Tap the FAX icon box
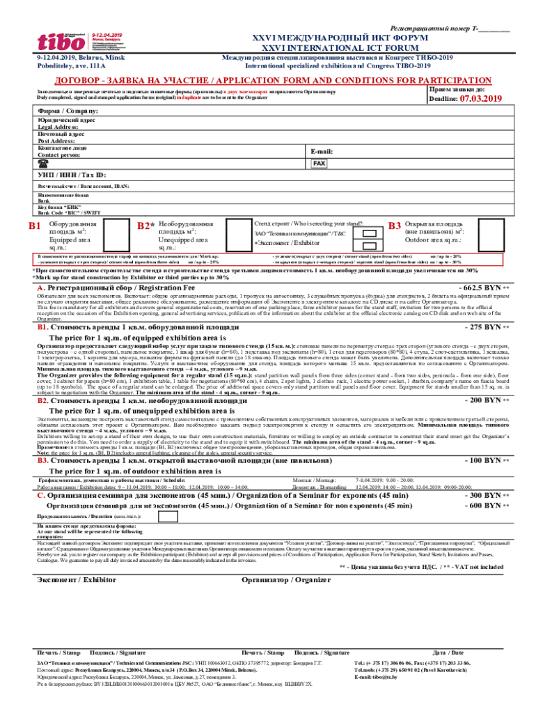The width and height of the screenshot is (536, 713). pos(319,163)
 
